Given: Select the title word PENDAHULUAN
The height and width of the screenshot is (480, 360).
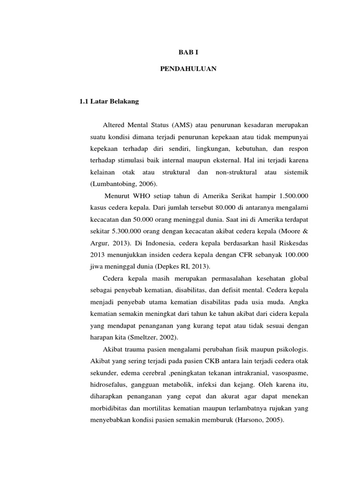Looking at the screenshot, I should pyautogui.click(x=188, y=68).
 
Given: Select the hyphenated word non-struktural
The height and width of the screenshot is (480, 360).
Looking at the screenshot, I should pyautogui.click(x=236, y=172).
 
